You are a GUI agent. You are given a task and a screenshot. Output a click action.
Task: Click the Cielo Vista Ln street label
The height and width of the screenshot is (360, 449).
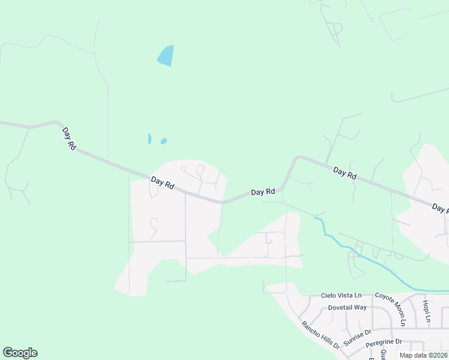pos(341,295)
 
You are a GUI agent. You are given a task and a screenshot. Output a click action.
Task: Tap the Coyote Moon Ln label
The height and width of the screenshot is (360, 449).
pos(391,309)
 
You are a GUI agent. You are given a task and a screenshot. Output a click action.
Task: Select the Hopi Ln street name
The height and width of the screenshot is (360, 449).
pos(426,311)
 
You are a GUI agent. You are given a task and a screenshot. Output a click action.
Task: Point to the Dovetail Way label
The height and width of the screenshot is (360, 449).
pos(347,307)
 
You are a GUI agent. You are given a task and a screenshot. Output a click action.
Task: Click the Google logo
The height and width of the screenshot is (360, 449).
pos(20,353)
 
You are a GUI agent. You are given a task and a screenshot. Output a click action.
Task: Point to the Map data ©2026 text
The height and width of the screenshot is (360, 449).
pos(424,355)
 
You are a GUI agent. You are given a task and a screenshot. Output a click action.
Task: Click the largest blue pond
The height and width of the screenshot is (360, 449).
pos(166,56)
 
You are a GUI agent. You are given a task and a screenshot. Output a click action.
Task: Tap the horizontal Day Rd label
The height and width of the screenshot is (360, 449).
pos(263,192)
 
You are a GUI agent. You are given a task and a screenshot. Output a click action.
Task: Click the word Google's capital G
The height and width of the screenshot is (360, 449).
pos(8,353)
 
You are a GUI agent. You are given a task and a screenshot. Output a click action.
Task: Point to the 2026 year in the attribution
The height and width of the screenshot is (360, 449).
pos(439,355)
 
